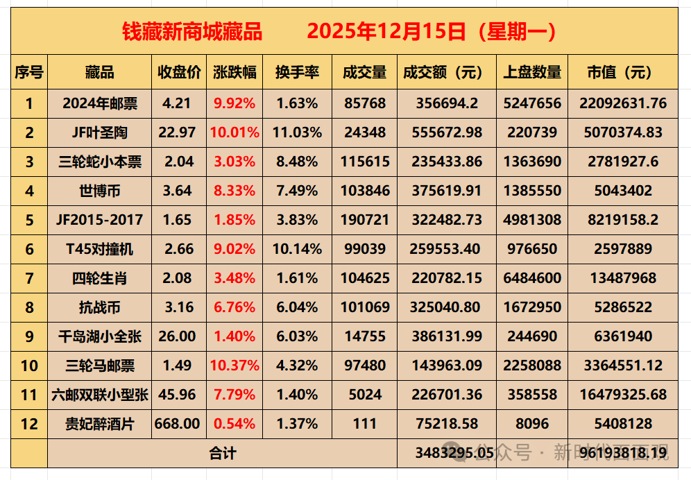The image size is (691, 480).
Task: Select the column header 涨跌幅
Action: click(235, 73)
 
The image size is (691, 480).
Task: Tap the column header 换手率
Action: click(297, 73)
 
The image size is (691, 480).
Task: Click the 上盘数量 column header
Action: click(532, 73)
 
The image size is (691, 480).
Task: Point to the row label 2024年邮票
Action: click(100, 103)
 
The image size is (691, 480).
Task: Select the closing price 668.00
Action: click(179, 423)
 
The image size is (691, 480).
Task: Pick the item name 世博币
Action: click(100, 191)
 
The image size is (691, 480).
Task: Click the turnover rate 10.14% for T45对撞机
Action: click(297, 249)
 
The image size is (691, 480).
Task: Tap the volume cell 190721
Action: click(365, 220)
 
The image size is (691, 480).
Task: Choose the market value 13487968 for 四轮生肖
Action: click(622, 278)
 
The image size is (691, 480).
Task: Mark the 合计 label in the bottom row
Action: click(223, 453)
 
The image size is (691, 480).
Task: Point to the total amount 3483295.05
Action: click(454, 453)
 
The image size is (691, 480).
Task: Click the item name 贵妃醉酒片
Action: click(100, 424)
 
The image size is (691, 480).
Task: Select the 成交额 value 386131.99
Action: click(446, 336)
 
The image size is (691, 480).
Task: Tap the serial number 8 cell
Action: click(29, 307)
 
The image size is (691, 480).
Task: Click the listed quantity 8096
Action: click(532, 424)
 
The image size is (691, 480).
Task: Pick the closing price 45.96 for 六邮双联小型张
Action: click(179, 395)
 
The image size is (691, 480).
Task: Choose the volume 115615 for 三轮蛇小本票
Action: click(365, 162)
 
